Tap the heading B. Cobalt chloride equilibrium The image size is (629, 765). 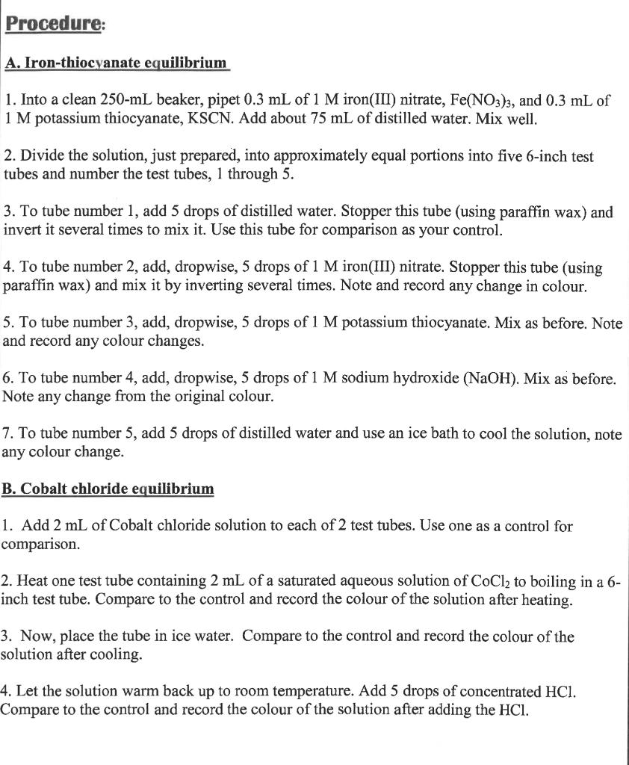108,489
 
